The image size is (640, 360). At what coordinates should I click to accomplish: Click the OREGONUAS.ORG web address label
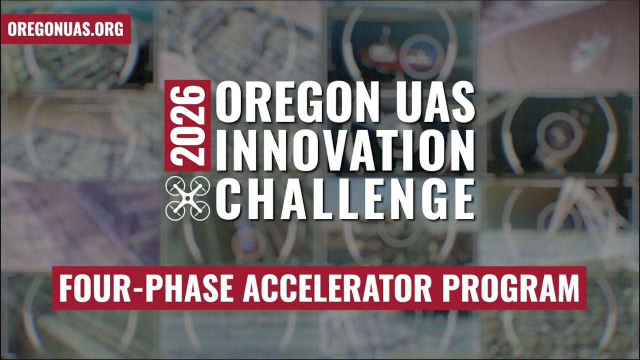(x=65, y=29)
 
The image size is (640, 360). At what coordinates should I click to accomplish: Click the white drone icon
(x=187, y=198)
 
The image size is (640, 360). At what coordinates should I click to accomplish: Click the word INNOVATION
(x=345, y=150)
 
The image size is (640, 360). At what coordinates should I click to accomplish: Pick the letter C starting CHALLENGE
(x=231, y=198)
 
